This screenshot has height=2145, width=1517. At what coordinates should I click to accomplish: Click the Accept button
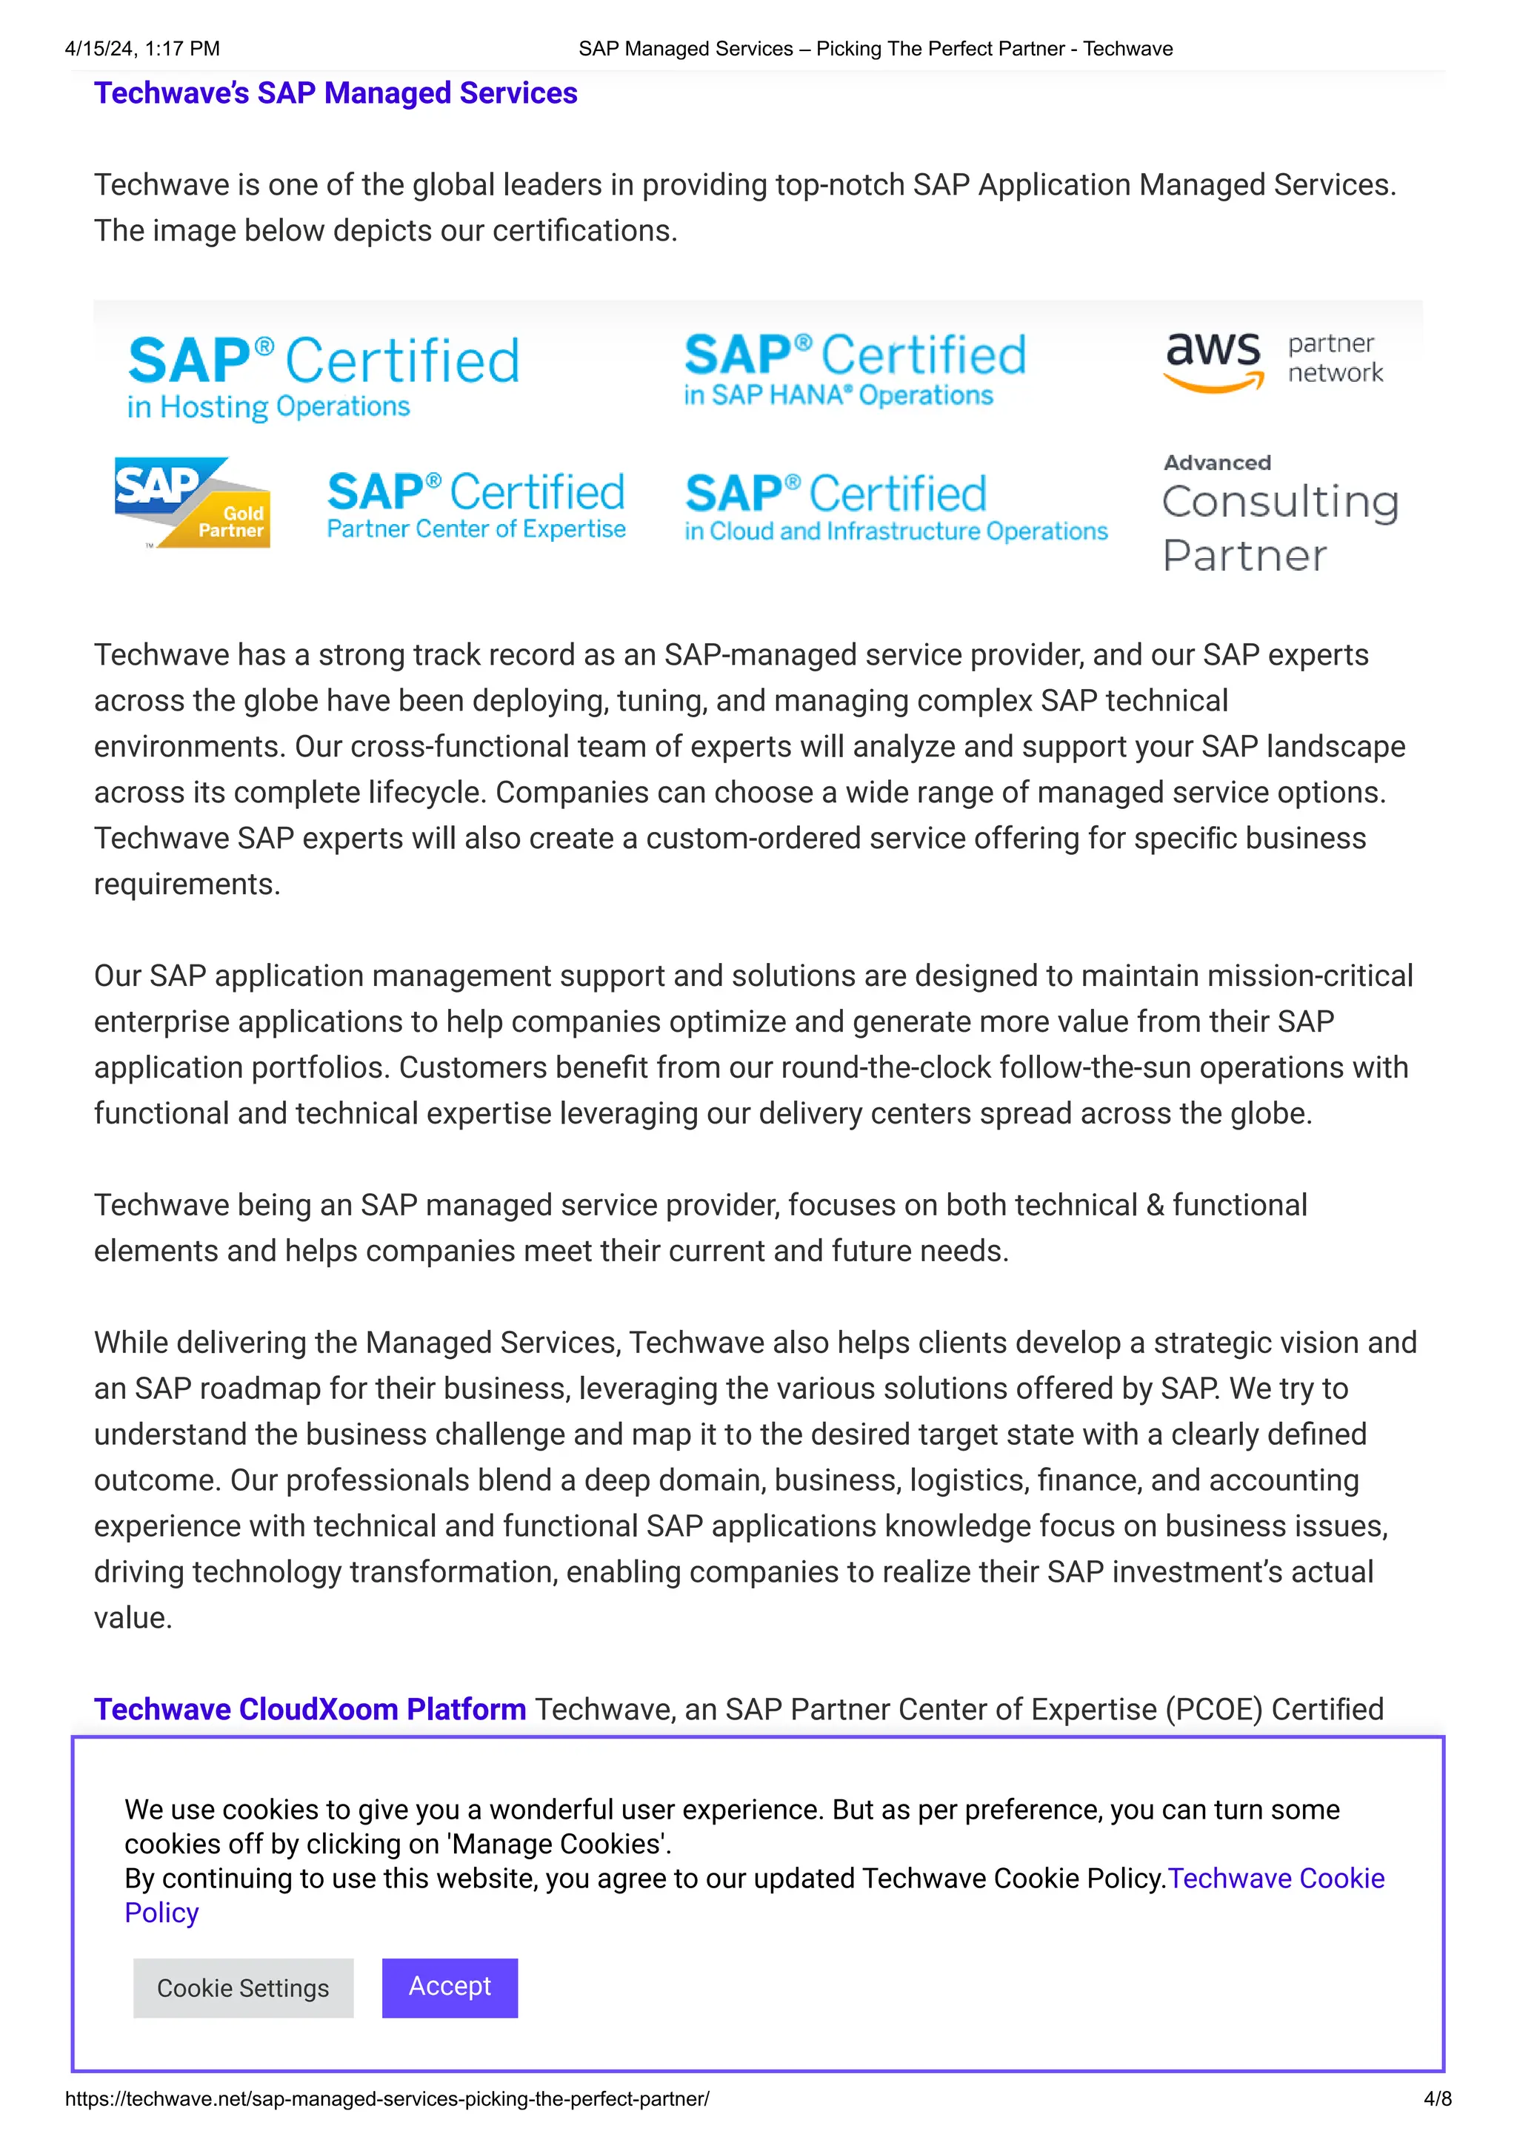[x=450, y=1987]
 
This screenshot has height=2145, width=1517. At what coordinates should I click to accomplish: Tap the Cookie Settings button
[x=243, y=1988]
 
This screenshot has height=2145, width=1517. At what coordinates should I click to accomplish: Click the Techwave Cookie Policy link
[x=1275, y=1878]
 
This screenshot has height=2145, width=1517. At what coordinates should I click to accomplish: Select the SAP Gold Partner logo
[x=193, y=503]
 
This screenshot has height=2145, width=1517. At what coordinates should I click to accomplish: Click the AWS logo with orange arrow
[x=1213, y=361]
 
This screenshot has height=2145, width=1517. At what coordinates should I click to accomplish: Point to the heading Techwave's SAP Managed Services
[x=336, y=93]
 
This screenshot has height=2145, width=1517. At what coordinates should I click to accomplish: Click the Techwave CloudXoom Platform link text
[x=310, y=1709]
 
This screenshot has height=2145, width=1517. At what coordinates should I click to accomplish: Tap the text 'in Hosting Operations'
[x=268, y=406]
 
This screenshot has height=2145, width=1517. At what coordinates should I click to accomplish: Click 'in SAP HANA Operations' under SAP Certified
[x=838, y=395]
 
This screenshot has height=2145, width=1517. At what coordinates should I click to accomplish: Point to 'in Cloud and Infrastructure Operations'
[x=896, y=531]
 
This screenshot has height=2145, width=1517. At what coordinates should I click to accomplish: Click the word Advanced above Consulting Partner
[x=1217, y=463]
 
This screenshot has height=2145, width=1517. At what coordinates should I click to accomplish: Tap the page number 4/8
[x=1436, y=2099]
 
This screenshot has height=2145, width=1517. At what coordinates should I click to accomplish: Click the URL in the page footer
[x=387, y=2099]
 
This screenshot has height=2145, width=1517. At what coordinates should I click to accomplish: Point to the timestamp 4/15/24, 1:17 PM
[x=142, y=49]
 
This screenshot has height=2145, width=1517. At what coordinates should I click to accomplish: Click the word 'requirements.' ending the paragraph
[x=187, y=884]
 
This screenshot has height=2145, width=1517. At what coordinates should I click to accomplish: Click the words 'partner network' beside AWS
[x=1334, y=357]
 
